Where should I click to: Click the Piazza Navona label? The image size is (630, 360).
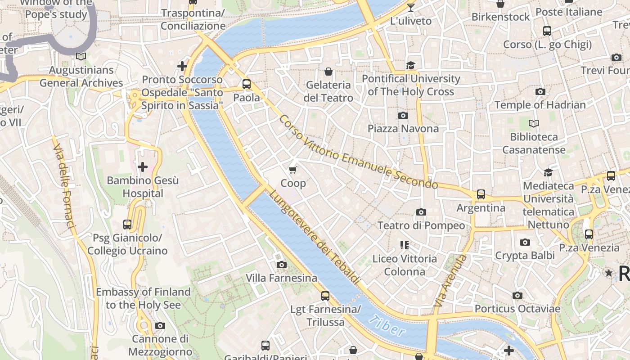[403, 129]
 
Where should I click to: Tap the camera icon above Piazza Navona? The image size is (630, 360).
[403, 116]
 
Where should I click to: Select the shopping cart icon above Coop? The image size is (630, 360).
[293, 170]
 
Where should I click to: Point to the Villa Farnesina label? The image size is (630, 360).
[281, 278]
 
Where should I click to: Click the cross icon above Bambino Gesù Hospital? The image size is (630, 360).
[143, 167]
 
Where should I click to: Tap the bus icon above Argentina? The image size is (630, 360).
[481, 194]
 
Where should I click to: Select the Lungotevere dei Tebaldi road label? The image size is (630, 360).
[315, 237]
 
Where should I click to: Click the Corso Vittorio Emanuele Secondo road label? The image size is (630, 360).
[358, 152]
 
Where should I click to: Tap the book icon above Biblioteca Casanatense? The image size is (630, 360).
[534, 123]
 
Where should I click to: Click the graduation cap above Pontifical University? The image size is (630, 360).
[410, 66]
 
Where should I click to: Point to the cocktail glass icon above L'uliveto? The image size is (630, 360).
[410, 7]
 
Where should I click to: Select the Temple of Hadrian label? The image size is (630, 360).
[540, 105]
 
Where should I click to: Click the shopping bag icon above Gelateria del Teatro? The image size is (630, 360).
[328, 72]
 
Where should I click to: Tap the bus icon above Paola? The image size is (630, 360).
[246, 84]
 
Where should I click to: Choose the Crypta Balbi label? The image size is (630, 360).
[525, 256]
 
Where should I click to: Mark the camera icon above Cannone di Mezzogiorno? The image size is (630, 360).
[160, 325]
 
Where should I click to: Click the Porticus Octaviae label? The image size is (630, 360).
[517, 309]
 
